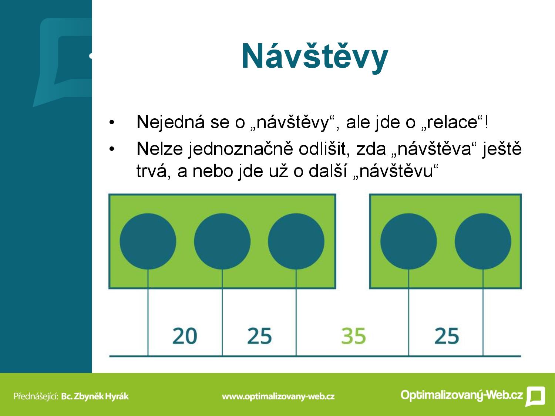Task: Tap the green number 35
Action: [353, 336]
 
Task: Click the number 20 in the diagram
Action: [185, 336]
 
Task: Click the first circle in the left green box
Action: [148, 241]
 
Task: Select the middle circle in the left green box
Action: [222, 241]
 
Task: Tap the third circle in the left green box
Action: [296, 241]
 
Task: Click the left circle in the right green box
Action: [408, 241]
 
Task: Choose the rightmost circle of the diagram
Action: [483, 241]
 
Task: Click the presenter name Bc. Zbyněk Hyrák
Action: [95, 396]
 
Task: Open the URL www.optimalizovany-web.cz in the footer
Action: [278, 396]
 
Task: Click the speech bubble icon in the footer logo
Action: [535, 396]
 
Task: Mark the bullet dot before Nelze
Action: [112, 149]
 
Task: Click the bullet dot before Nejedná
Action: [112, 123]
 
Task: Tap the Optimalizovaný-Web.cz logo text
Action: [462, 395]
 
